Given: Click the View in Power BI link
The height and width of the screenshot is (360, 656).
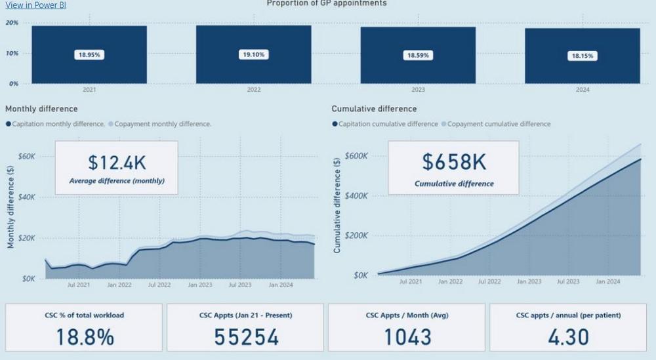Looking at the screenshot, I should pyautogui.click(x=35, y=5).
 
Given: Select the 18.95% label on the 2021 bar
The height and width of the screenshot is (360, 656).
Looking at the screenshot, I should pyautogui.click(x=89, y=55).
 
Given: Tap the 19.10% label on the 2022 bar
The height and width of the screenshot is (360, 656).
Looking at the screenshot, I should pyautogui.click(x=253, y=54).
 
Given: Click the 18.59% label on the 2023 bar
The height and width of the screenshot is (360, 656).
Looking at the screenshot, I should pyautogui.click(x=418, y=56).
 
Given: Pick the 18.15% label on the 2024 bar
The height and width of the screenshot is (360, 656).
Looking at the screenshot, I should pyautogui.click(x=582, y=56).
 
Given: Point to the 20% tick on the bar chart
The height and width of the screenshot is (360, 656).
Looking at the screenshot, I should pyautogui.click(x=12, y=23).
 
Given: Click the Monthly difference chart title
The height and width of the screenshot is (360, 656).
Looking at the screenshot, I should pyautogui.click(x=41, y=109).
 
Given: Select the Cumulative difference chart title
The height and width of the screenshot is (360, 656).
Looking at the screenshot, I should pyautogui.click(x=374, y=109).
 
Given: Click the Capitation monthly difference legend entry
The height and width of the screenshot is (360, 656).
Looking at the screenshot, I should pyautogui.click(x=58, y=124).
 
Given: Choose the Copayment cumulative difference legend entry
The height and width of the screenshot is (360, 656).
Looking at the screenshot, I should pyautogui.click(x=499, y=124).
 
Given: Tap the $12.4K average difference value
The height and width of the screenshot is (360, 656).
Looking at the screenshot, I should pyautogui.click(x=116, y=163).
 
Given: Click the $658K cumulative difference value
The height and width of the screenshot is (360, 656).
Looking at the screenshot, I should pyautogui.click(x=453, y=162).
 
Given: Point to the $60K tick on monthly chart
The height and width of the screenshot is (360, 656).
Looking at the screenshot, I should pyautogui.click(x=27, y=156).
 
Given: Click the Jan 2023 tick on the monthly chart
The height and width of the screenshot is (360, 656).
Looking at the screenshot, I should pyautogui.click(x=200, y=285).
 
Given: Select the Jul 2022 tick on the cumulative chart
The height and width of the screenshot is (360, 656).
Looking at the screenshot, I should pyautogui.click(x=489, y=281).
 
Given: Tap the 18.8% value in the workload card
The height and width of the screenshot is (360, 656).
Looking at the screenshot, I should pyautogui.click(x=85, y=337).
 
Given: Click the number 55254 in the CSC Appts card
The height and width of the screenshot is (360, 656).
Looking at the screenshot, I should pyautogui.click(x=246, y=337).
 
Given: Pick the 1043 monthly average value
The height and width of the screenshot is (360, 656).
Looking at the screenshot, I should pyautogui.click(x=407, y=337).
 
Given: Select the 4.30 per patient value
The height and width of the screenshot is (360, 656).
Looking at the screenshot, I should pyautogui.click(x=568, y=337).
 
